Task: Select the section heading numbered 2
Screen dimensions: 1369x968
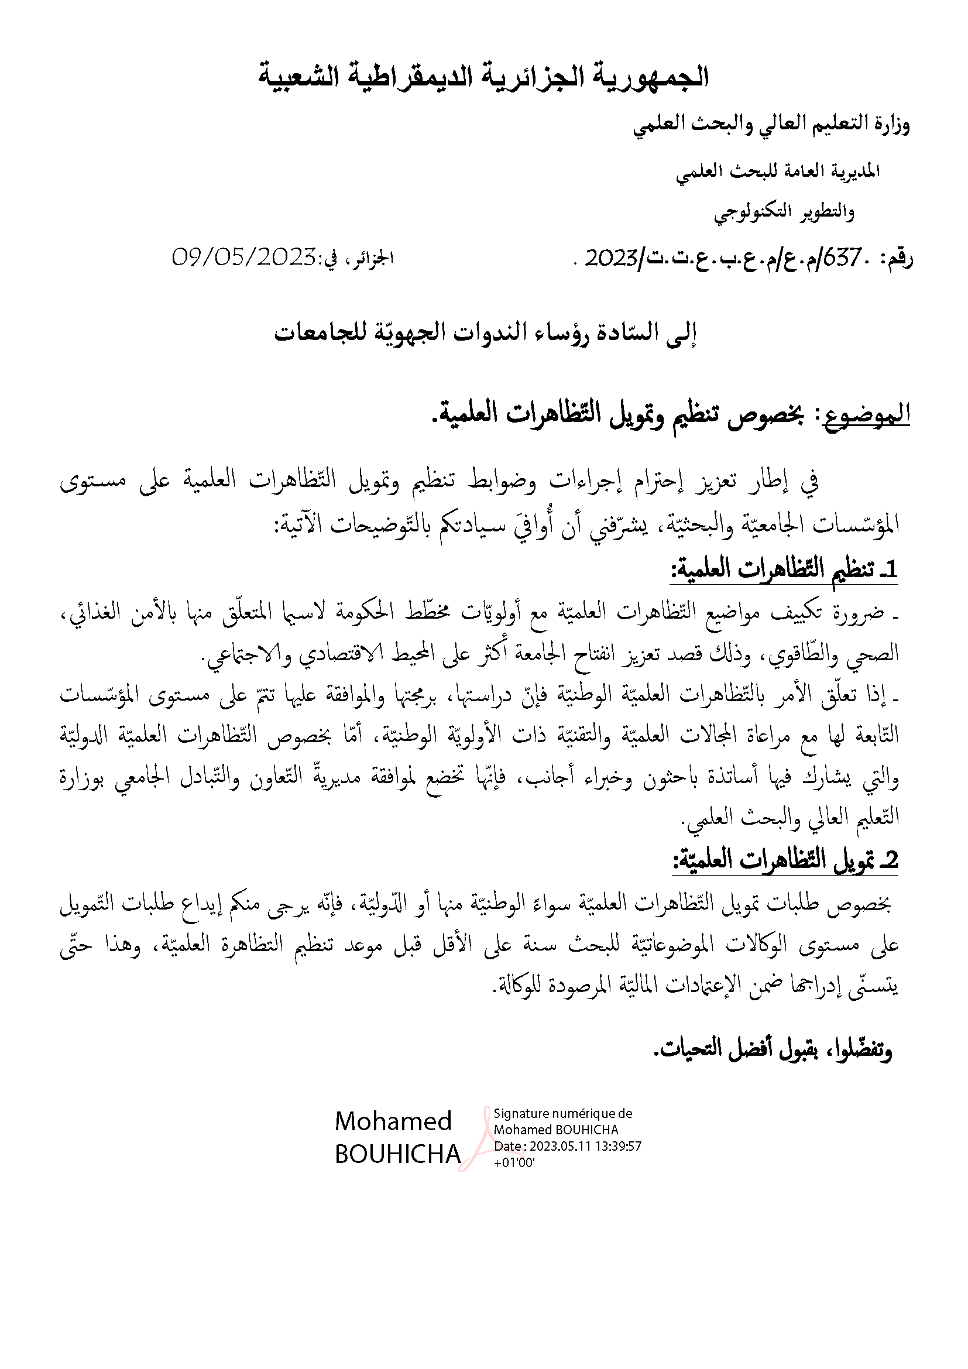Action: pos(785,859)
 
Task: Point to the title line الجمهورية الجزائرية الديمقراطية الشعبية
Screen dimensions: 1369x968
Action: pos(483,78)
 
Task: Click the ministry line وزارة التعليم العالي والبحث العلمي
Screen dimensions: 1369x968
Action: pos(771,126)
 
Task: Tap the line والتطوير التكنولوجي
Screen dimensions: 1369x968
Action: pos(784,212)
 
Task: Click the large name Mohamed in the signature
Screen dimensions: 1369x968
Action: pos(393,1121)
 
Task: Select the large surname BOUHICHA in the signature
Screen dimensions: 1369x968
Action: pos(397,1155)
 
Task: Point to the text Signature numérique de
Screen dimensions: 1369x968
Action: pos(562,1113)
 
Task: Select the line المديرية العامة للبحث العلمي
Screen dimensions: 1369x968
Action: pos(778,172)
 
